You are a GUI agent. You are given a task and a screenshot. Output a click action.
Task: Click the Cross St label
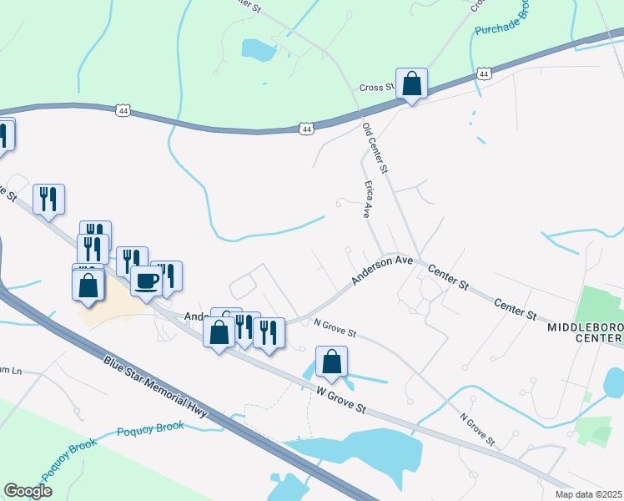pyautogui.click(x=376, y=88)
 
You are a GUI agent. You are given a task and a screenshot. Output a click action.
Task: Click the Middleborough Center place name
pyautogui.click(x=585, y=332)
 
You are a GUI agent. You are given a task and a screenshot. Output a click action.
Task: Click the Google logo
pyautogui.click(x=28, y=491)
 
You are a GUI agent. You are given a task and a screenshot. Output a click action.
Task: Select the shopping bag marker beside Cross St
pyautogui.click(x=411, y=83)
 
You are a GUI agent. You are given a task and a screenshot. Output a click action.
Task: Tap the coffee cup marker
pyautogui.click(x=146, y=281)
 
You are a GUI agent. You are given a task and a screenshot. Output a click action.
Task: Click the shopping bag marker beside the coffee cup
pyautogui.click(x=88, y=286)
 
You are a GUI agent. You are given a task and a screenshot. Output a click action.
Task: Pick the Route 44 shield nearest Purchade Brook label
pyautogui.click(x=484, y=74)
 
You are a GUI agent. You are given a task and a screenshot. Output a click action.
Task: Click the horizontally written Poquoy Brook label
pyautogui.click(x=150, y=427)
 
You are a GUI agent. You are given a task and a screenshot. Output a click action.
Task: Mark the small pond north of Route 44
pyautogui.click(x=259, y=50)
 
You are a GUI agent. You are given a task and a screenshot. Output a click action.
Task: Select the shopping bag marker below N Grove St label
pyautogui.click(x=331, y=362)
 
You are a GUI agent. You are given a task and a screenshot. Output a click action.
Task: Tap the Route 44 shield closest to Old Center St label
pyautogui.click(x=307, y=129)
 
